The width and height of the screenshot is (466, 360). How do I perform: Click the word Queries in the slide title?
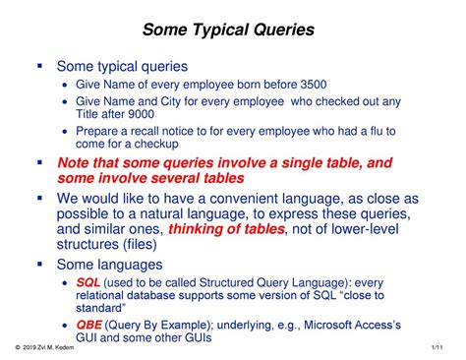point(279,30)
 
